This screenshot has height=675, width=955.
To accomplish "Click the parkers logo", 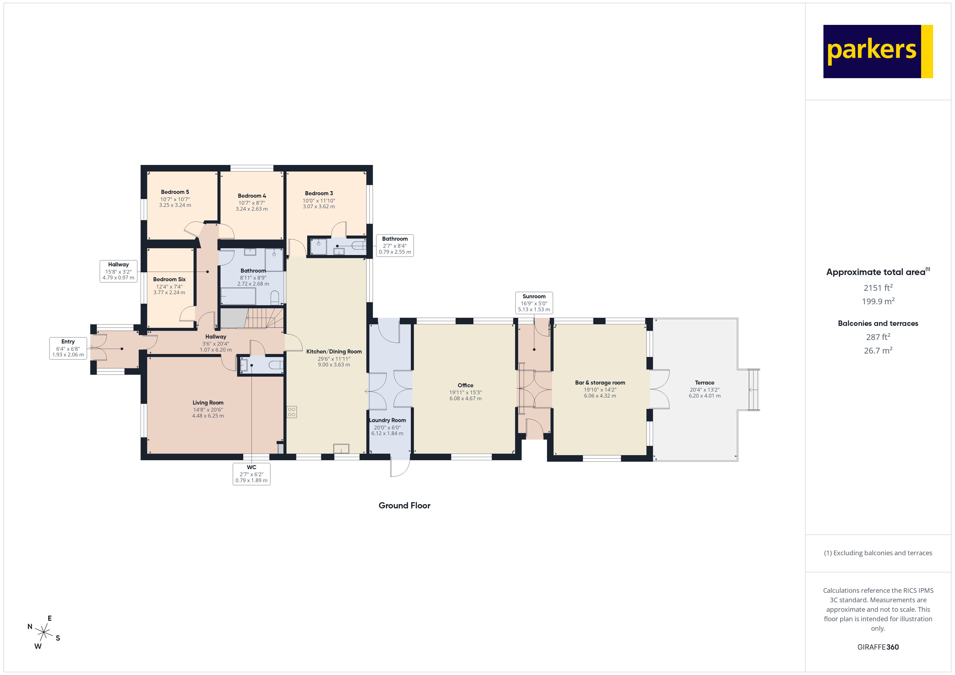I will click(x=878, y=52).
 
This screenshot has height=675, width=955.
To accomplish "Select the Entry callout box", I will click(x=68, y=348).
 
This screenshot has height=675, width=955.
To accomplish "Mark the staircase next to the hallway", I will click(x=264, y=318).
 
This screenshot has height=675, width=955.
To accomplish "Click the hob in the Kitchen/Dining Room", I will click(x=292, y=412).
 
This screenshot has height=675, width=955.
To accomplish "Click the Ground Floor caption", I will click(x=404, y=505).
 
